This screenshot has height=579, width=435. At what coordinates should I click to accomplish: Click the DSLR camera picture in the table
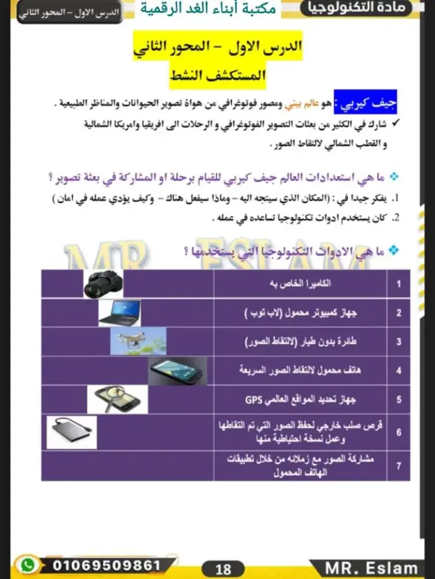103,284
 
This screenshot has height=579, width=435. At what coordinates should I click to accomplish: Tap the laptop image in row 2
119,313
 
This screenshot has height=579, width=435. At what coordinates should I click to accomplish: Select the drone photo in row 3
135,342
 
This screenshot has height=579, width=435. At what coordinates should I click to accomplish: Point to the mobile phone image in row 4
177,371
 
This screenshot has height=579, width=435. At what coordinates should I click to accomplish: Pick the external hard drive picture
71,432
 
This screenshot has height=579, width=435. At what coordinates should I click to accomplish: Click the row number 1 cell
398,284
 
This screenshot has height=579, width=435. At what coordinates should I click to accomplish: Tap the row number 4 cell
398,371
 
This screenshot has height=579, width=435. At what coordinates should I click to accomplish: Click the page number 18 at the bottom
223,569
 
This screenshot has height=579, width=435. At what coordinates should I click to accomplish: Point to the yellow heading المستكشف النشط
217,75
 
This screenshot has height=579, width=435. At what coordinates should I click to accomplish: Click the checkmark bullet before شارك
396,123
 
